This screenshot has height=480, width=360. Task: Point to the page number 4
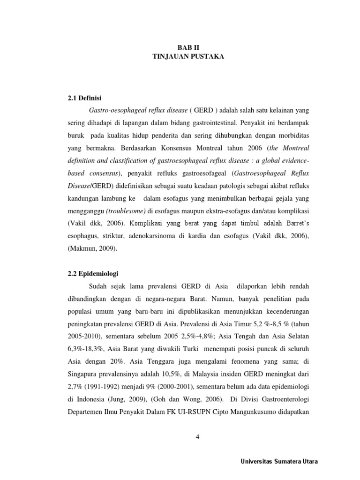point(197,437)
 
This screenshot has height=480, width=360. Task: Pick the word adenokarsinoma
point(158,237)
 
